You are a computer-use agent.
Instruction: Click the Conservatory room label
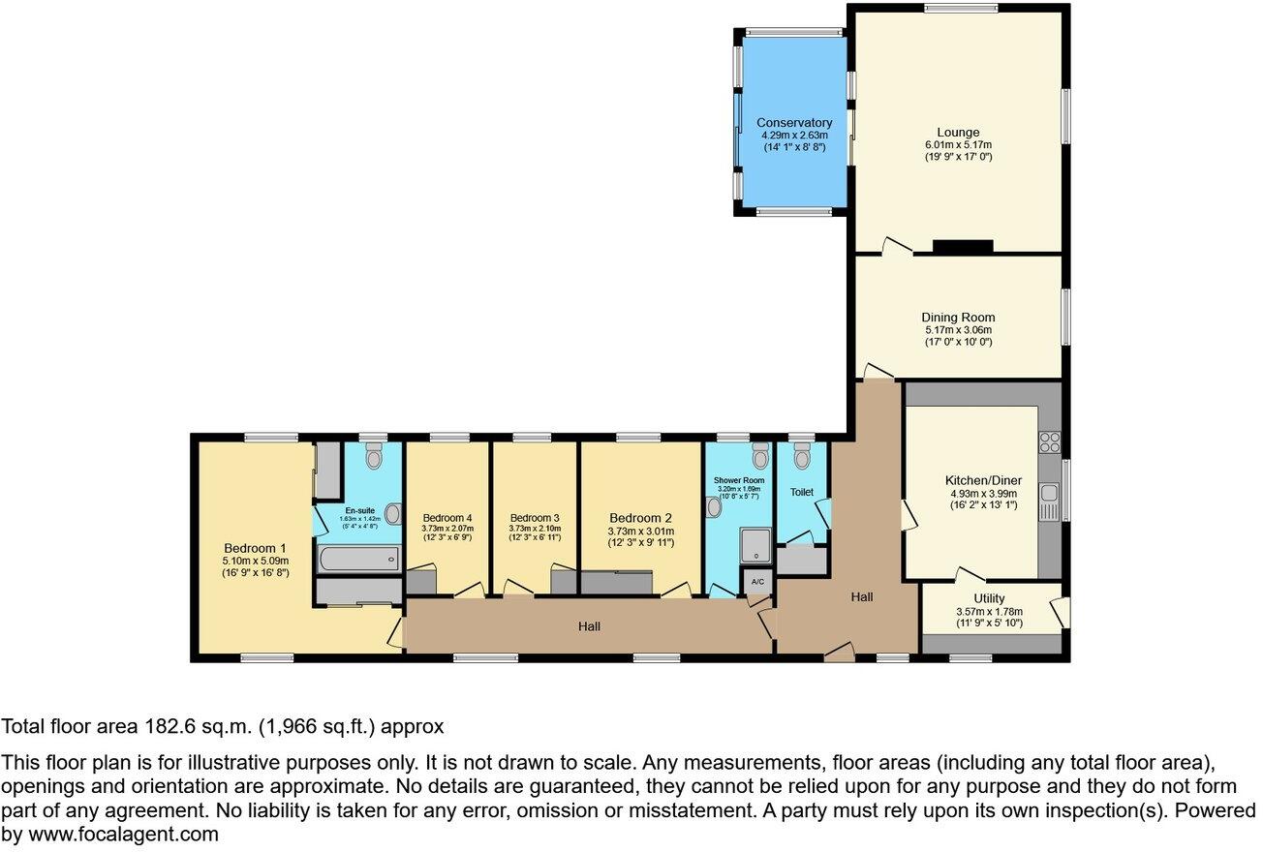click(794, 123)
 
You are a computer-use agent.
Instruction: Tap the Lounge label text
click(957, 133)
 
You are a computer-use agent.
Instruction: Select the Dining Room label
click(957, 318)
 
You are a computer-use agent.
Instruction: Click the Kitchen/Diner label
click(983, 480)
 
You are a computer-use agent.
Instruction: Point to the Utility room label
click(989, 598)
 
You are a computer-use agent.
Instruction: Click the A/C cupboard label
click(757, 582)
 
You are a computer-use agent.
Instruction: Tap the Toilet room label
click(801, 492)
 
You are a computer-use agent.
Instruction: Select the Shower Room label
click(739, 480)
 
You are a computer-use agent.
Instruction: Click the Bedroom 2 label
click(640, 518)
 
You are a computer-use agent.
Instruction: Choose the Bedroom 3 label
click(535, 518)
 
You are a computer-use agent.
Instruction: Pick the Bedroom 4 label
click(447, 518)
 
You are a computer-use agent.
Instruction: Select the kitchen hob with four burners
click(1050, 442)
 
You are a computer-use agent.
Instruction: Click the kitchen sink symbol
click(1049, 503)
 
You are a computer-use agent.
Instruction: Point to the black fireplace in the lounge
click(963, 247)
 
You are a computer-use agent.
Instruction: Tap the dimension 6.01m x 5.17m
click(957, 145)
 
